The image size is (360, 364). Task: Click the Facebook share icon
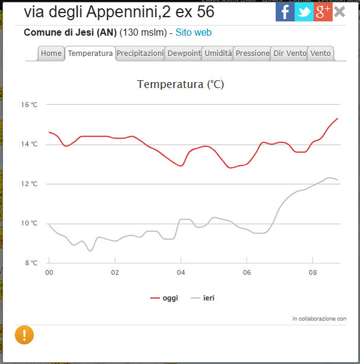pyautogui.click(x=285, y=11)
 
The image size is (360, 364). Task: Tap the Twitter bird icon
pyautogui.click(x=304, y=11)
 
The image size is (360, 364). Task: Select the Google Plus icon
pyautogui.click(x=323, y=11)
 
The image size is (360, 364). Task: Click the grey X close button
pyautogui.click(x=340, y=11)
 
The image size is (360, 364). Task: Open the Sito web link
pyautogui.click(x=193, y=33)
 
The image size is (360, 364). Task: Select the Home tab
pyautogui.click(x=51, y=54)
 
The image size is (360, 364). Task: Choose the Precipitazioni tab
pyautogui.click(x=140, y=54)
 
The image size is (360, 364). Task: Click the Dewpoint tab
pyautogui.click(x=184, y=54)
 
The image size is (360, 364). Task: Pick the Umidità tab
pyautogui.click(x=218, y=54)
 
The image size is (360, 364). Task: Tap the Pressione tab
pyautogui.click(x=252, y=54)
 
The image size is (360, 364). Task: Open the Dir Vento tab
pyautogui.click(x=290, y=54)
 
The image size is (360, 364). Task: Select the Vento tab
pyautogui.click(x=321, y=54)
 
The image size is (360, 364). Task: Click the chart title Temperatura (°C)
pyautogui.click(x=181, y=84)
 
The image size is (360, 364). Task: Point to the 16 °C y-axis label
pyautogui.click(x=30, y=105)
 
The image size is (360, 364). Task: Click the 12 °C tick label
pyautogui.click(x=30, y=184)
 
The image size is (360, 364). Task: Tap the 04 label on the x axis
pyautogui.click(x=181, y=272)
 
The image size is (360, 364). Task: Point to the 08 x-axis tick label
pyautogui.click(x=313, y=272)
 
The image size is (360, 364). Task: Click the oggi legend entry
pyautogui.click(x=164, y=298)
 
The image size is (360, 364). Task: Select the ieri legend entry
pyautogui.click(x=203, y=298)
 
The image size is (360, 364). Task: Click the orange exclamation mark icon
pyautogui.click(x=24, y=335)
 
